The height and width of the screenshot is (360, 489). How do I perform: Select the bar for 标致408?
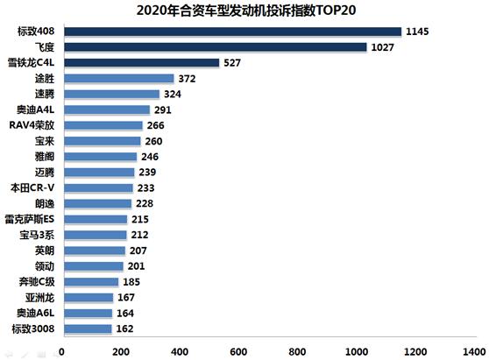click(x=231, y=32)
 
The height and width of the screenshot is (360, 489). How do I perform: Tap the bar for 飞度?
click(x=214, y=47)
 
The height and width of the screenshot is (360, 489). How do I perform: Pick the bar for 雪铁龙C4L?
click(x=140, y=63)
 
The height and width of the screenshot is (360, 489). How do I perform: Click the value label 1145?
click(x=415, y=32)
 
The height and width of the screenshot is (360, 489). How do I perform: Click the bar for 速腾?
click(x=110, y=94)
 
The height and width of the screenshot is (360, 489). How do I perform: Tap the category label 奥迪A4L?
click(x=34, y=109)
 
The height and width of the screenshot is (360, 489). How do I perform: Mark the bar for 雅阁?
click(x=98, y=157)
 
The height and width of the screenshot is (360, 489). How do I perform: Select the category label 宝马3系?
click(x=36, y=235)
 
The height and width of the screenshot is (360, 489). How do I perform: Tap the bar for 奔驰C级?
click(x=89, y=282)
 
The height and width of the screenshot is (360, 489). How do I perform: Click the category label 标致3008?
click(x=32, y=328)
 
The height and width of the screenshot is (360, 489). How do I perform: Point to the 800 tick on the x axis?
click(x=301, y=350)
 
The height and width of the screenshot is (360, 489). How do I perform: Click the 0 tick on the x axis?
click(x=61, y=350)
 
